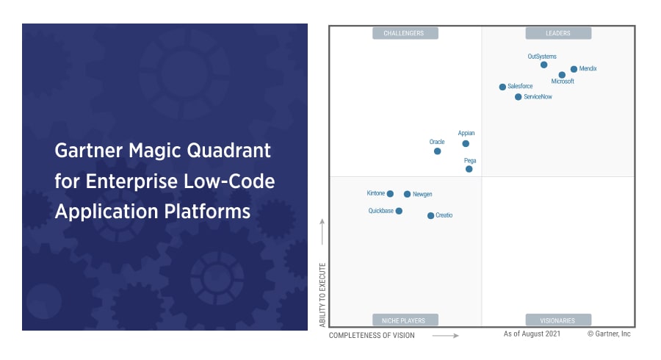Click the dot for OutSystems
(x=543, y=65)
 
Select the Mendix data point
(x=574, y=69)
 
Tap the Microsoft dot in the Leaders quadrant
(x=562, y=75)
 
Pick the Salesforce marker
(x=502, y=87)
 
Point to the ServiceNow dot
(x=518, y=97)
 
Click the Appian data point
(x=466, y=144)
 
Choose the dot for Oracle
(x=437, y=151)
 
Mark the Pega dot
(x=469, y=169)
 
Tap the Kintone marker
(x=390, y=194)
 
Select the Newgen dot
(x=407, y=195)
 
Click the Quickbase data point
(x=399, y=211)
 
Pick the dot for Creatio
(x=430, y=216)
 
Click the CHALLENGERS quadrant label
(x=404, y=33)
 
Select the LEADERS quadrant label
(x=557, y=33)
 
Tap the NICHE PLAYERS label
(x=403, y=321)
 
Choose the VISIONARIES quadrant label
(x=557, y=321)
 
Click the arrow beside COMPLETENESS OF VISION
(x=445, y=336)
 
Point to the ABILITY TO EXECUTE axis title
(x=322, y=295)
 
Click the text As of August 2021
(x=532, y=334)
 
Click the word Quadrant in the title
(x=228, y=151)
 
